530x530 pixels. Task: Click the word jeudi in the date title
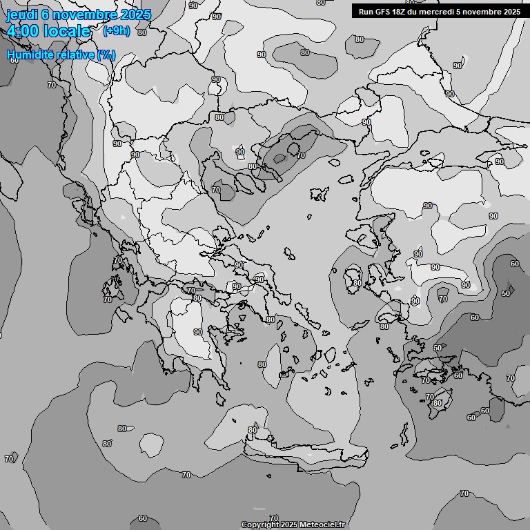(x=20, y=15)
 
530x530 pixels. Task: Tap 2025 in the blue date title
(x=135, y=15)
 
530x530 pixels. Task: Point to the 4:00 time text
(x=22, y=31)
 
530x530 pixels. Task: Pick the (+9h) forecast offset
(x=116, y=31)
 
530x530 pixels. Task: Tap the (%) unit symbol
(x=106, y=55)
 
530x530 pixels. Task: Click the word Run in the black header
(x=366, y=12)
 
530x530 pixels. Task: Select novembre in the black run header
(x=481, y=12)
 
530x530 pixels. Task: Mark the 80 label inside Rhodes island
(x=437, y=404)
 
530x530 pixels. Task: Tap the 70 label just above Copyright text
(x=274, y=518)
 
